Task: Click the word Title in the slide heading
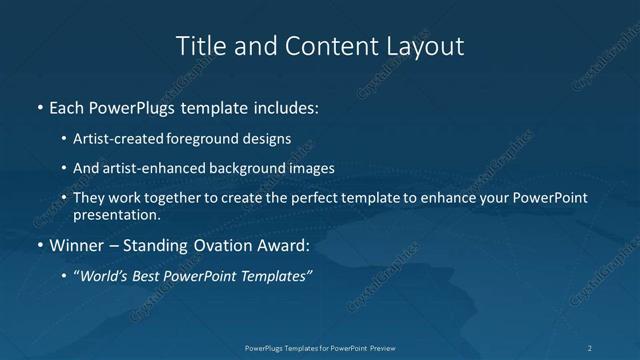pyautogui.click(x=198, y=46)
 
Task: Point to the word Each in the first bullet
pyautogui.click(x=67, y=106)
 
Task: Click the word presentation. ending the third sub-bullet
pyautogui.click(x=116, y=214)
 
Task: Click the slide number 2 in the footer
pyautogui.click(x=589, y=348)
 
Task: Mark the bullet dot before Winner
pyautogui.click(x=39, y=245)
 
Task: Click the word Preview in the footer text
pyautogui.click(x=378, y=348)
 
